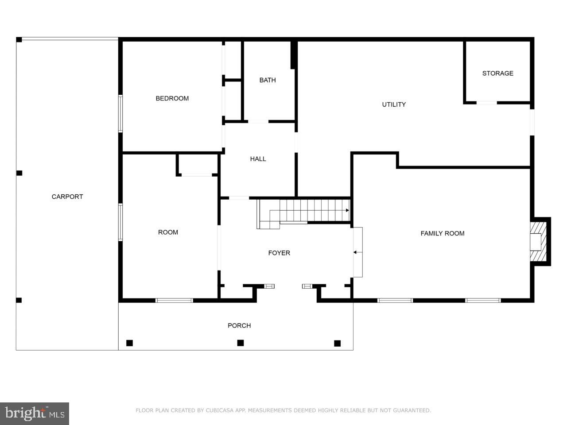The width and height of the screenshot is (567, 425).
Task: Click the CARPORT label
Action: coord(67,197)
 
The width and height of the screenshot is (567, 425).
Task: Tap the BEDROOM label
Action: coord(172,98)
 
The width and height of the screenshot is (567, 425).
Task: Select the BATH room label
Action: coord(268,80)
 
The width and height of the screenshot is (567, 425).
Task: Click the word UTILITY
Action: coord(394,104)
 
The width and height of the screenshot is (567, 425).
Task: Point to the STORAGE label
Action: coord(497,73)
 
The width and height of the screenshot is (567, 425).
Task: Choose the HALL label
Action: coord(258,159)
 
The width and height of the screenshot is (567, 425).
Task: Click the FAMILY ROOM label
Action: coord(442,233)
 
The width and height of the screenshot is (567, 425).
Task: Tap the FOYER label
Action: coord(279,253)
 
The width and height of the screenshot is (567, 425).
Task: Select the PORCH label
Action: coord(239,325)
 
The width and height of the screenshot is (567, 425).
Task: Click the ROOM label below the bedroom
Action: coord(168,232)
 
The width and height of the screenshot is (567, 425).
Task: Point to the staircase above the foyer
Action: coord(306,212)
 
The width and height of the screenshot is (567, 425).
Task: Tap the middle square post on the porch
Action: coord(241,343)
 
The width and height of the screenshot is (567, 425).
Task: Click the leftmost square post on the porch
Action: coord(129,343)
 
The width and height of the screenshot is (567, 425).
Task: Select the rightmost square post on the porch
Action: coord(337,343)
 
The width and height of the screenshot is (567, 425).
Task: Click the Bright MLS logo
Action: coord(34,413)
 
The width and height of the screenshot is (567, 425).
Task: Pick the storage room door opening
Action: coord(486,103)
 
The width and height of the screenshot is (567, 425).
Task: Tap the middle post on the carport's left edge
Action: coord(19,173)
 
